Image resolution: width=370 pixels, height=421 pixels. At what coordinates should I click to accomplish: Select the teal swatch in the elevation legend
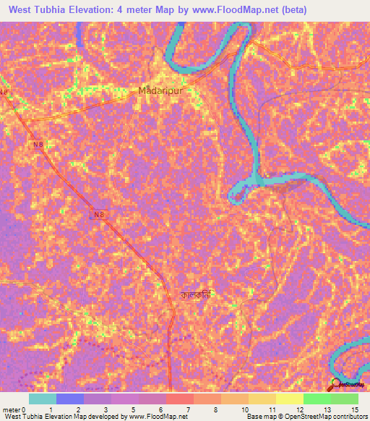[43, 399]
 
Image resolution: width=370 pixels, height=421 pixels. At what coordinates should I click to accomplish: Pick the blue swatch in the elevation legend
[70, 399]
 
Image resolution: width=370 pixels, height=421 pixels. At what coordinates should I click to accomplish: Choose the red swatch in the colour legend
[179, 399]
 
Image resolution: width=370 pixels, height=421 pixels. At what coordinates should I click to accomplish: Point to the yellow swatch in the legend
[289, 399]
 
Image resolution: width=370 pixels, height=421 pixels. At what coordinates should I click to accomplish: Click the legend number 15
[355, 409]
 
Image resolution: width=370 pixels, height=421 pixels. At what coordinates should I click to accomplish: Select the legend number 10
[246, 409]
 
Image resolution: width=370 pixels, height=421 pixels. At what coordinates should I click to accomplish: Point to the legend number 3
[106, 409]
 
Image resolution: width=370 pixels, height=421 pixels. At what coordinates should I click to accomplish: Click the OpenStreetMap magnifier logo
[336, 384]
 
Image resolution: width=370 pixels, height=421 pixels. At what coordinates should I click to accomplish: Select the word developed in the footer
[103, 417]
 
